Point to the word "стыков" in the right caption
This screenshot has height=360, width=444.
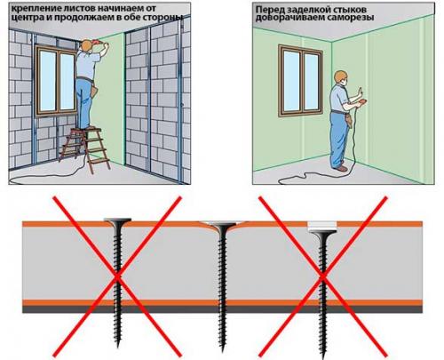click(350, 9)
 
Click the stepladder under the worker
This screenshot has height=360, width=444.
click(86, 149)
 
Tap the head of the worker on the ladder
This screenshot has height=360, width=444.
click(86, 45)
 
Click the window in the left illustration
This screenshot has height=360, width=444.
click(57, 80)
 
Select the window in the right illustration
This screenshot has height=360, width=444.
click(300, 81)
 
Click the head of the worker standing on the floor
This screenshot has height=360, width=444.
click(340, 77)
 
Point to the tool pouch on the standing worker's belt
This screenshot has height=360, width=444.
click(349, 119)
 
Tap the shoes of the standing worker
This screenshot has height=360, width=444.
click(339, 168)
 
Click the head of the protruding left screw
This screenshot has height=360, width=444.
click(117, 220)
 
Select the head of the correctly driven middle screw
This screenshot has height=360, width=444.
click(223, 224)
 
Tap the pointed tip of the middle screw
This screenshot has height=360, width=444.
click(223, 351)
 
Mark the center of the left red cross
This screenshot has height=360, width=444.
click(117, 276)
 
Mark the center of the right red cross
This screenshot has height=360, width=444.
click(323, 276)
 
